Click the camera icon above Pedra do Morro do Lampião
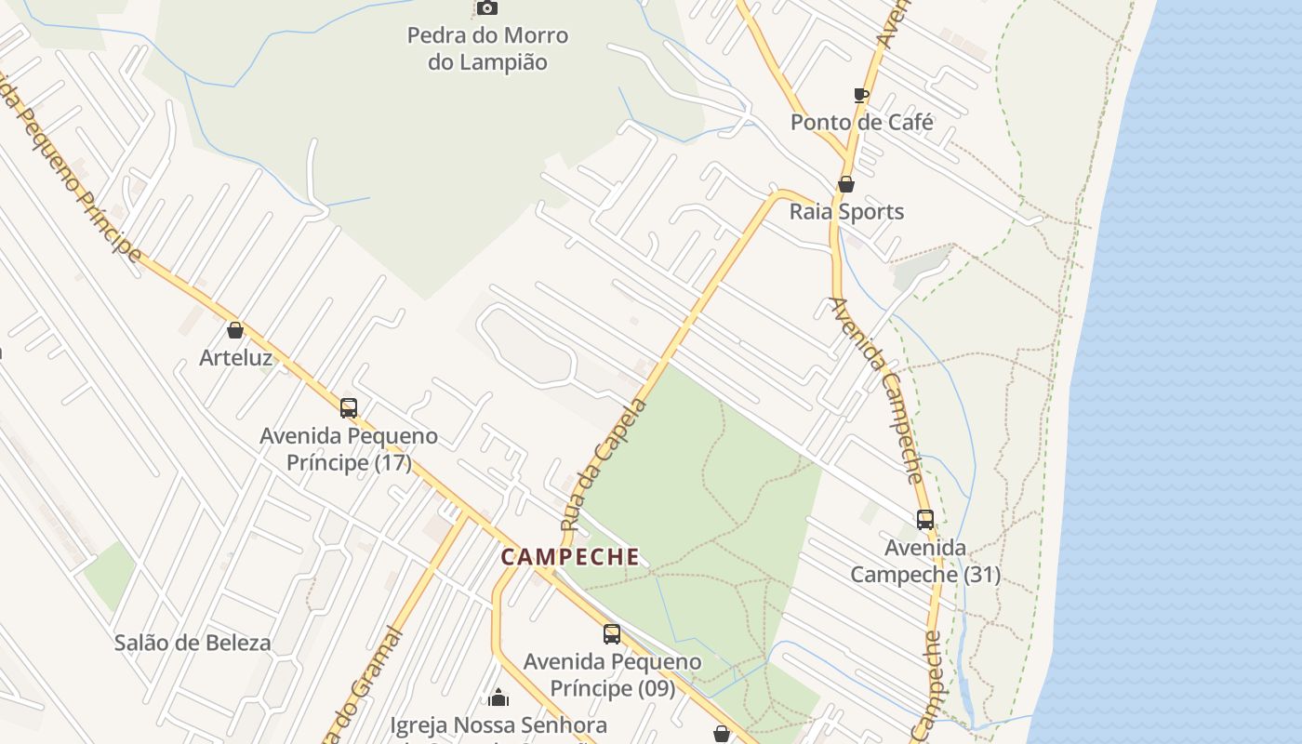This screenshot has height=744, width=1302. (486, 7)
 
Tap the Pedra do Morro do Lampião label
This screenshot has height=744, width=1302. (487, 49)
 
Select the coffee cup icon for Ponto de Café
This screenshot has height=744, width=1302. (861, 95)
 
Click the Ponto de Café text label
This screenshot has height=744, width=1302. (861, 122)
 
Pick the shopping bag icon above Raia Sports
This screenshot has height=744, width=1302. (846, 184)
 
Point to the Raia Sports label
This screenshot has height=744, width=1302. (846, 211)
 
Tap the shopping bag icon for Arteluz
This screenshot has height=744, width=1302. (235, 330)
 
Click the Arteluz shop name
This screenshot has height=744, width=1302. (235, 357)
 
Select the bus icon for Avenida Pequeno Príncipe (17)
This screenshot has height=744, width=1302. (349, 407)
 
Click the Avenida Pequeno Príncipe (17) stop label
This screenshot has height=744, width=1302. (349, 449)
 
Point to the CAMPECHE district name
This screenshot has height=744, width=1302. (570, 557)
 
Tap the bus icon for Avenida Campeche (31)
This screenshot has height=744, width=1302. (925, 519)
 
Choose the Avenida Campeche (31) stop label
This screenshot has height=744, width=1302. (925, 561)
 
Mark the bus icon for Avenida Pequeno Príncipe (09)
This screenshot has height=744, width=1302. (612, 634)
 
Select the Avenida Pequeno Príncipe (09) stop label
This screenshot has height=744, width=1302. (612, 675)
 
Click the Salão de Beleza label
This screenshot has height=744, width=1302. (193, 643)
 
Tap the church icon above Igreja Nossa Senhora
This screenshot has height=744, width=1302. (498, 697)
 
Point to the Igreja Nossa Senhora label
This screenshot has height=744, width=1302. (498, 725)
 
